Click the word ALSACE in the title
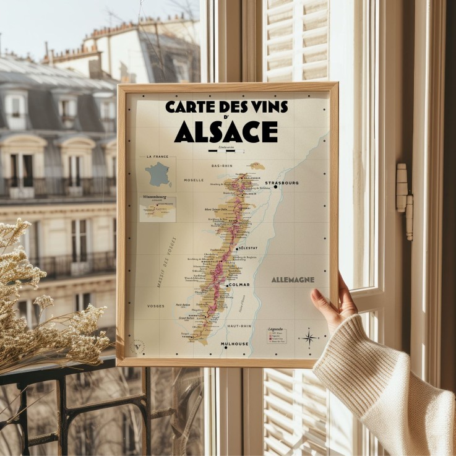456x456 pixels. pyautogui.click(x=226, y=131)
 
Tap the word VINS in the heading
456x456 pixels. pyautogui.click(x=265, y=106)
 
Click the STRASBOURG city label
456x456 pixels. pyautogui.click(x=282, y=183)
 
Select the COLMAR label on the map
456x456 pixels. pyautogui.click(x=239, y=285)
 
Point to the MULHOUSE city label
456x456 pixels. pyautogui.click(x=235, y=343)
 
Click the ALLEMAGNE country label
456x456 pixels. pyautogui.click(x=293, y=280)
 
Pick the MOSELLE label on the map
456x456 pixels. pyautogui.click(x=194, y=180)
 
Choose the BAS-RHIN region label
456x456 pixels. pyautogui.click(x=221, y=166)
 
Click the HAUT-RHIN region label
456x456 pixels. pyautogui.click(x=239, y=325)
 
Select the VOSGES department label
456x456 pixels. pyautogui.click(x=156, y=306)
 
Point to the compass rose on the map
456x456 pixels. pyautogui.click(x=308, y=337)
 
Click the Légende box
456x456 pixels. pyautogui.click(x=277, y=335)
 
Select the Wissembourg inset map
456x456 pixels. pyautogui.click(x=158, y=209)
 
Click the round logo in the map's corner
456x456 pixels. pyautogui.click(x=139, y=346)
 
